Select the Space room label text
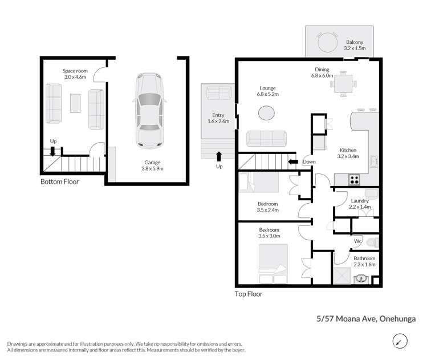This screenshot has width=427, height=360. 74,73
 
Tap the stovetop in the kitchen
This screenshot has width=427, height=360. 354,180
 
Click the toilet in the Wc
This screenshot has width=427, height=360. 372,242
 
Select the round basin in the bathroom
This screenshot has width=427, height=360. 360,280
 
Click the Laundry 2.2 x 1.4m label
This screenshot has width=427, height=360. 360,204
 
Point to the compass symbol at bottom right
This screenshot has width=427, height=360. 401,341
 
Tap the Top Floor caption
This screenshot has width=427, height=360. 249,294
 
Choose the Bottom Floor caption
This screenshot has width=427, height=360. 59,182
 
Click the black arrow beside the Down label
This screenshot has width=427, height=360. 293,161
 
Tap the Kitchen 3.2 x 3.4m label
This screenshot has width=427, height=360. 348,152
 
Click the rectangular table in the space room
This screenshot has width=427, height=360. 75,103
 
